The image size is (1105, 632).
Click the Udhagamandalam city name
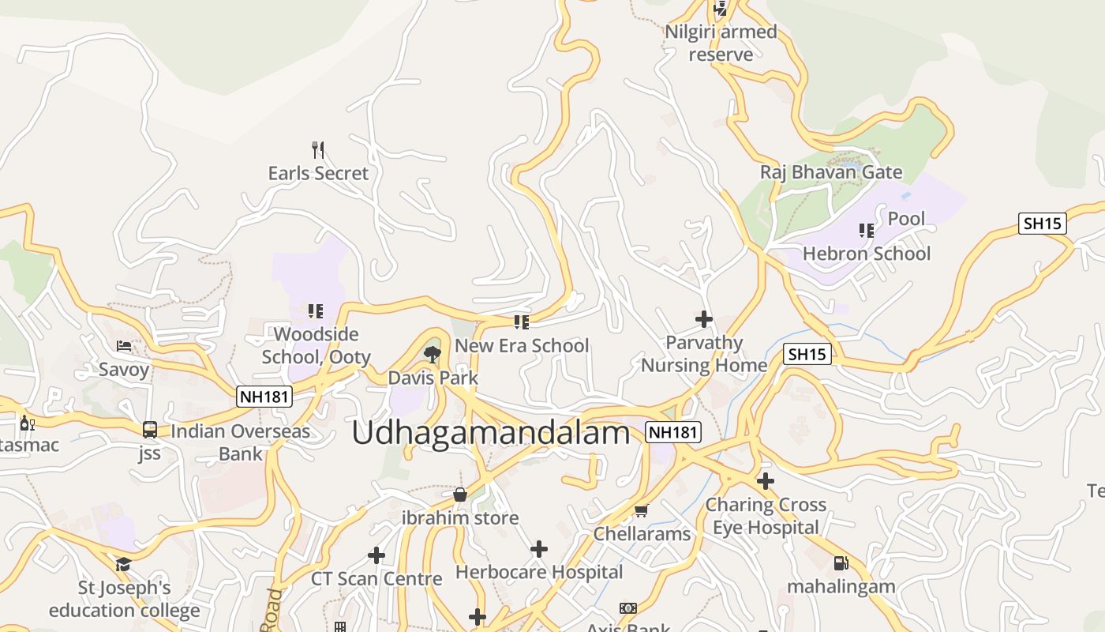point(491,433)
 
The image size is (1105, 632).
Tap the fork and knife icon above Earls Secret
point(318,149)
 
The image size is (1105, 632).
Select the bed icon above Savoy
point(124,346)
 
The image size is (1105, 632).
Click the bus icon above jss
point(150,430)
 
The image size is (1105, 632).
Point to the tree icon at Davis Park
point(432,354)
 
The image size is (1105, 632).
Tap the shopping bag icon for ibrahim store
point(460,495)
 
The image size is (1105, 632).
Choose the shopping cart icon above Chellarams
point(642,510)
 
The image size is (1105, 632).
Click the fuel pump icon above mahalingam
point(841,563)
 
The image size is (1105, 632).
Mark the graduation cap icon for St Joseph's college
point(123,564)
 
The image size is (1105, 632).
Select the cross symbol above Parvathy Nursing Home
point(703,319)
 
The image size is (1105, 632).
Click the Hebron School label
point(867,254)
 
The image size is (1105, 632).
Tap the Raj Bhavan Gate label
point(831,172)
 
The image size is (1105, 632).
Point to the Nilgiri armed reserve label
point(721,43)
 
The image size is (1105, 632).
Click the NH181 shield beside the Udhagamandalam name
point(673,432)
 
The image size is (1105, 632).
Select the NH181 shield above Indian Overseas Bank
point(264,397)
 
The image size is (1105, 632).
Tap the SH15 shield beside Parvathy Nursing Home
point(807,354)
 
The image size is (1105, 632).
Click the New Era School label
point(522,345)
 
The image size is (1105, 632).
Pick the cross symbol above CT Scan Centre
point(376,555)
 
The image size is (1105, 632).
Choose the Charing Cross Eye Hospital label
point(766,516)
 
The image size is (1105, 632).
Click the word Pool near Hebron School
point(906,219)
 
